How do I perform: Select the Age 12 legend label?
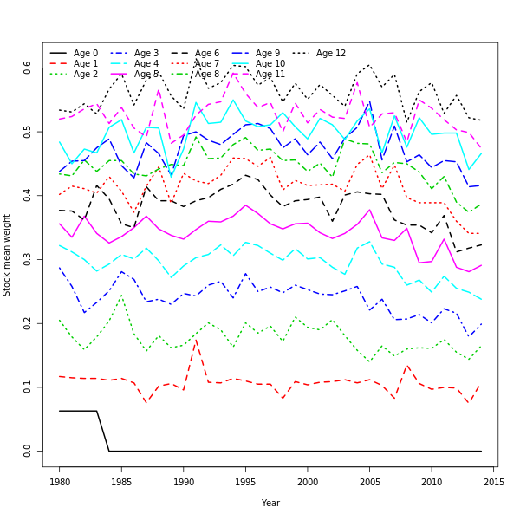click(330, 54)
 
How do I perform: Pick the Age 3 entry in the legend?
click(146, 54)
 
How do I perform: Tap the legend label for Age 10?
click(270, 64)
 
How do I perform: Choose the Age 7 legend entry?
click(206, 64)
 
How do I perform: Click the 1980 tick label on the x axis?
click(60, 481)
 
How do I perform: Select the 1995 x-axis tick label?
click(246, 481)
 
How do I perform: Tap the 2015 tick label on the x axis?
click(494, 481)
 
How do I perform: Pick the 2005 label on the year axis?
click(370, 481)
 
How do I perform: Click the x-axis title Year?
click(270, 503)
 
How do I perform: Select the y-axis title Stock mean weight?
click(8, 254)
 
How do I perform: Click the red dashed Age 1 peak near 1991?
click(196, 340)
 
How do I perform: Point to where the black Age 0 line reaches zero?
click(109, 451)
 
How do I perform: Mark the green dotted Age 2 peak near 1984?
click(122, 296)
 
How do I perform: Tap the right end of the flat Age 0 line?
click(481, 451)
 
